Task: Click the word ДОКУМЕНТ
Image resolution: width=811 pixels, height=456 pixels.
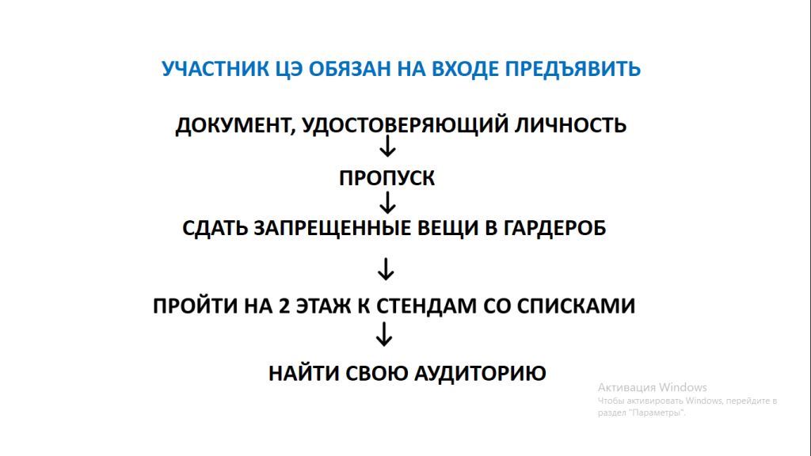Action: point(235,126)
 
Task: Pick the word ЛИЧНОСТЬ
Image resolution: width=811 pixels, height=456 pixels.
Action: point(570,125)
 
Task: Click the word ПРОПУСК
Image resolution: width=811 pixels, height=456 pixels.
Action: point(386,178)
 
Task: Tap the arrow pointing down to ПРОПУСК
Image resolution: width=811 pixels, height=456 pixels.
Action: point(387,146)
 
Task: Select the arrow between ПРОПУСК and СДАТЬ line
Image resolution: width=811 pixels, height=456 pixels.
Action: point(387,203)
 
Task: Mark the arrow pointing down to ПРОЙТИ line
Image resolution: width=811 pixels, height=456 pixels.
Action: point(386,269)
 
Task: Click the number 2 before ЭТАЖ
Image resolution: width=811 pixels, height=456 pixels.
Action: point(284,306)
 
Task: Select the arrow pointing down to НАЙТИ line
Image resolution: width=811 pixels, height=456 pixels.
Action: point(384,335)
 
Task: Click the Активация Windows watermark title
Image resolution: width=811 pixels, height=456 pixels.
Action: point(653,387)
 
